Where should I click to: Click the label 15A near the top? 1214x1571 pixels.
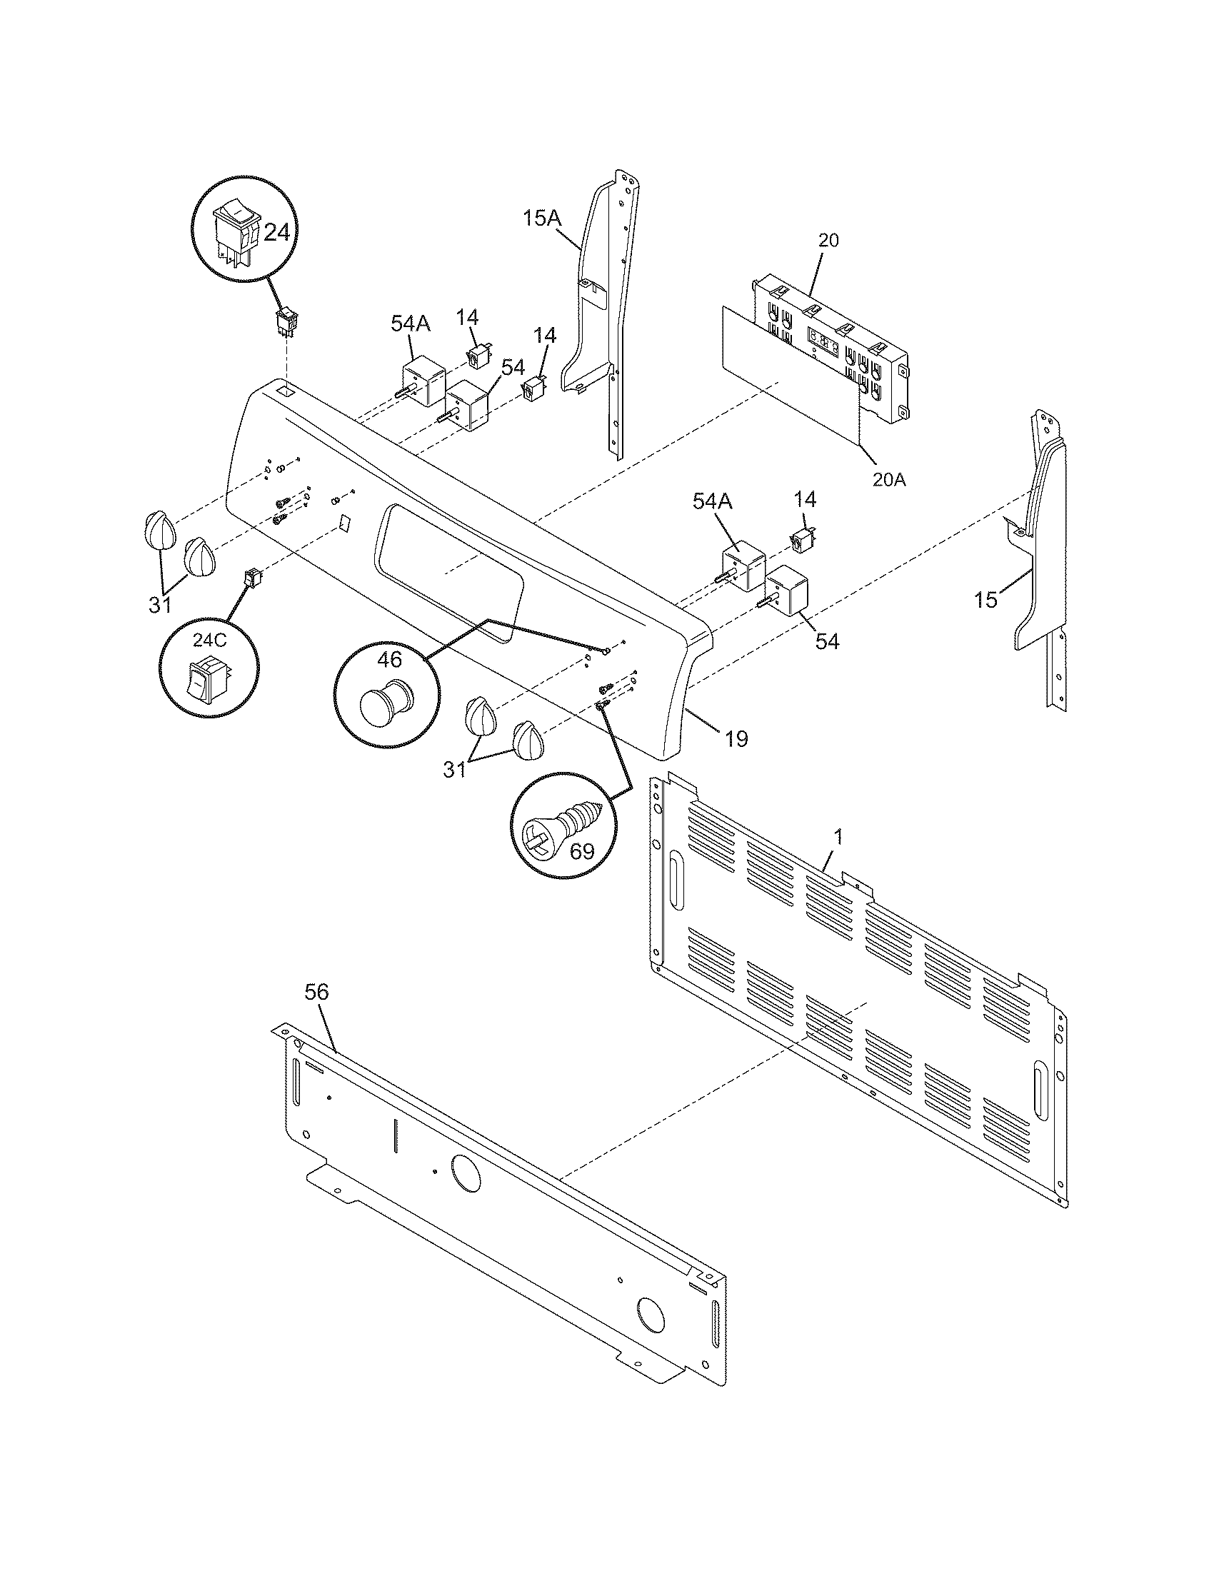(x=542, y=218)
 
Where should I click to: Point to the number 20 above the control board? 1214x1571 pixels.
(x=828, y=240)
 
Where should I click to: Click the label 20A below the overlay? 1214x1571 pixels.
(x=888, y=479)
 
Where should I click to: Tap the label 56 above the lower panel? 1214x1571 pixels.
(x=316, y=992)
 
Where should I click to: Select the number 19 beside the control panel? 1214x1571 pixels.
(x=736, y=738)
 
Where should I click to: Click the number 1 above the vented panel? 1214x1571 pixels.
(x=838, y=838)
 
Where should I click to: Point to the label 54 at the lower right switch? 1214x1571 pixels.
(x=827, y=641)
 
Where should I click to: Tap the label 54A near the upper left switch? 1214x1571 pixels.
(x=411, y=323)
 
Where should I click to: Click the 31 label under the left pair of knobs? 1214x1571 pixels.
(x=160, y=605)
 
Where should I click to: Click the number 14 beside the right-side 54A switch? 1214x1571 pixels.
(x=806, y=498)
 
